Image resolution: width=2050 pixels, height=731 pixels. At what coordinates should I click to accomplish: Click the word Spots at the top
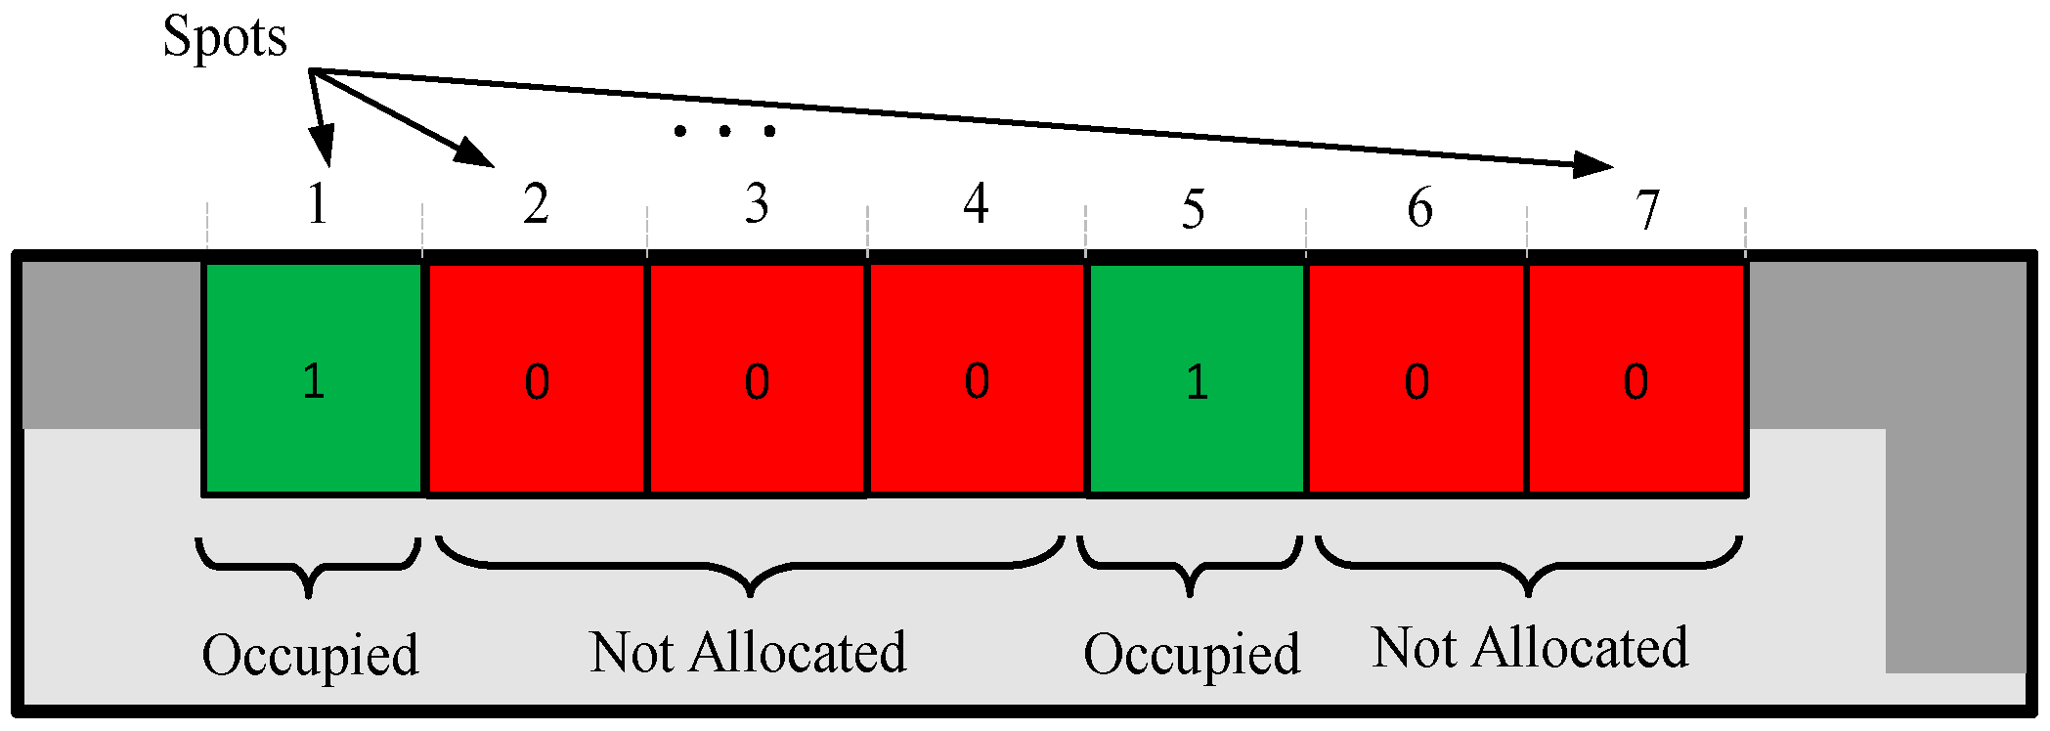tap(225, 38)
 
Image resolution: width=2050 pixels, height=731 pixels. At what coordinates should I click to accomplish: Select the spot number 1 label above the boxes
tap(317, 204)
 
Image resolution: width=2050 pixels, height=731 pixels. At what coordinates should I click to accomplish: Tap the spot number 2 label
tap(535, 205)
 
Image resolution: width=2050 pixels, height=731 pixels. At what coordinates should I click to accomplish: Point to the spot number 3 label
tap(757, 204)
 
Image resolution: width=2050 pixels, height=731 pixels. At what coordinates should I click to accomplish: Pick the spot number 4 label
tap(976, 204)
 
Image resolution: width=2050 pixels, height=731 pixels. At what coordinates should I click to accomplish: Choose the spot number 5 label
tap(1193, 209)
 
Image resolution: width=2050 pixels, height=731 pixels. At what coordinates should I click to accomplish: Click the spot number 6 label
tap(1419, 207)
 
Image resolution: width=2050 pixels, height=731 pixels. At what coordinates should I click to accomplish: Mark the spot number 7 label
tap(1648, 210)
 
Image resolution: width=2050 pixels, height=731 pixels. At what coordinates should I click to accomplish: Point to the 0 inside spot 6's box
tap(1417, 381)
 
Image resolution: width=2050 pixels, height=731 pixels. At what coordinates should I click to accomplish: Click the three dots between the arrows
tap(724, 131)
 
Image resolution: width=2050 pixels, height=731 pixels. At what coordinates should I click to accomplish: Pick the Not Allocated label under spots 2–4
tap(748, 652)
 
